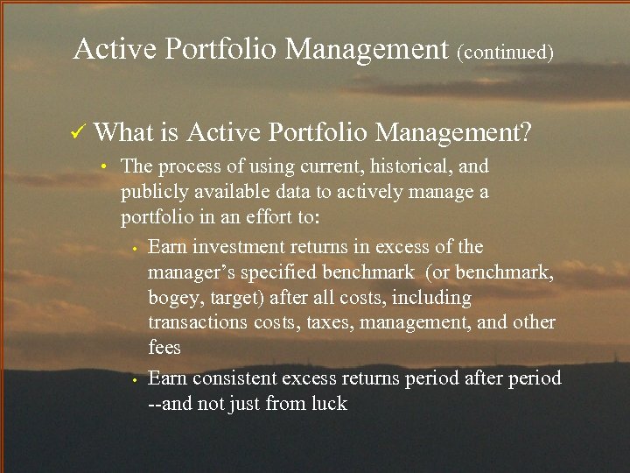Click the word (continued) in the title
pyautogui.click(x=505, y=52)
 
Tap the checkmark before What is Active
pyautogui.click(x=78, y=132)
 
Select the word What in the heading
pyautogui.click(x=123, y=132)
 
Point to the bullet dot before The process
pyautogui.click(x=103, y=167)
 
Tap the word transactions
pyautogui.click(x=199, y=322)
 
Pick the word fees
pyautogui.click(x=164, y=347)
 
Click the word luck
pyautogui.click(x=328, y=404)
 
